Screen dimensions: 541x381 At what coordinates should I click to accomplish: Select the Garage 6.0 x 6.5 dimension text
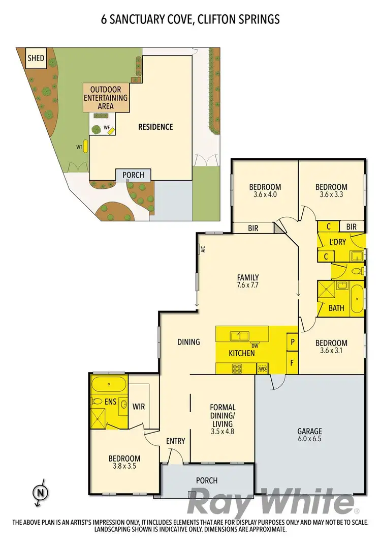point(309,439)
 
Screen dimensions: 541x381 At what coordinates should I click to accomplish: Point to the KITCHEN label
point(241,353)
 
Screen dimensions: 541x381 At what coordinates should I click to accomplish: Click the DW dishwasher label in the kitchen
point(255,346)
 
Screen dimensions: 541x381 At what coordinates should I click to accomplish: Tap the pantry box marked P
point(293,341)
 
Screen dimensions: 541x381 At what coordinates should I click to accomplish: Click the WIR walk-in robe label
point(139,407)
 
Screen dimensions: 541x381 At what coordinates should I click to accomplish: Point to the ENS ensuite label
point(110,402)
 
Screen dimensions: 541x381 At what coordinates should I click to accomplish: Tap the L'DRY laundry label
point(337,242)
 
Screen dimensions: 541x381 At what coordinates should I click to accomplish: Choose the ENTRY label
point(175,441)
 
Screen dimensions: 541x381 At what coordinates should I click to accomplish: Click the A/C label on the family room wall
point(202,249)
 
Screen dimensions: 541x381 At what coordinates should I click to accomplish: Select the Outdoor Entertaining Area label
point(106,97)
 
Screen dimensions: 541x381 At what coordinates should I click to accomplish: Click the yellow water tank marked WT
point(85,147)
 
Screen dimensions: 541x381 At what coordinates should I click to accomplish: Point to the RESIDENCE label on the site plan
point(155,127)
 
